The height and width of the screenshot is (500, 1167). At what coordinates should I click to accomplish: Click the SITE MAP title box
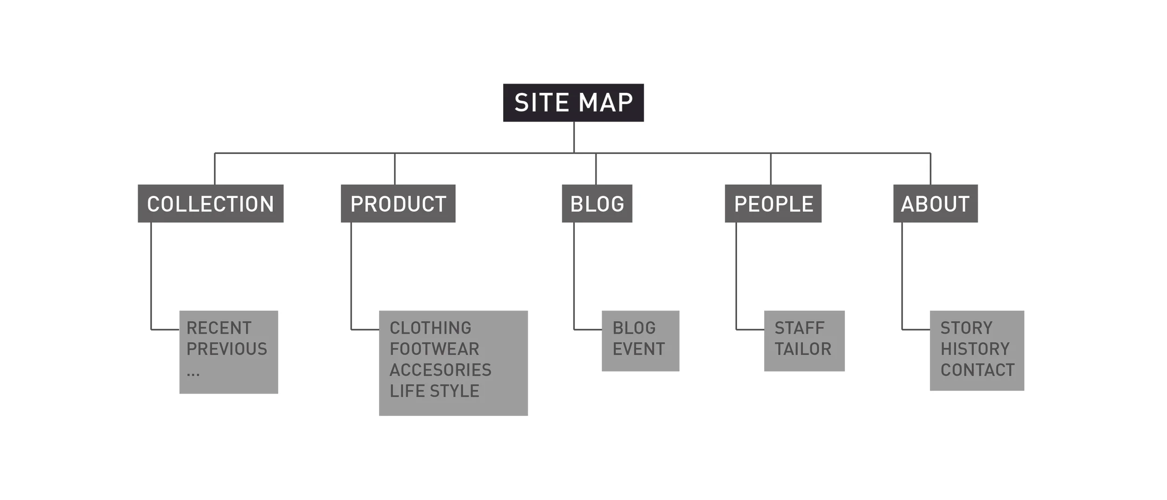(x=573, y=103)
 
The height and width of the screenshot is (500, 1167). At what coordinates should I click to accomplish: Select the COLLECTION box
(x=211, y=204)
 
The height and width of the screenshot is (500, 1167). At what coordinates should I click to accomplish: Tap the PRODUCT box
(x=398, y=204)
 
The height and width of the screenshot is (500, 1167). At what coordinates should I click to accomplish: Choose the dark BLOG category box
(x=597, y=204)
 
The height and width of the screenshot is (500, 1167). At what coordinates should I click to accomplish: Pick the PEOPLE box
(x=773, y=204)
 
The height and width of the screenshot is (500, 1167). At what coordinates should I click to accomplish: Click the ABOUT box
(x=935, y=204)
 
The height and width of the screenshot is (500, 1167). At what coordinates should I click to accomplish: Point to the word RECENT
(x=219, y=328)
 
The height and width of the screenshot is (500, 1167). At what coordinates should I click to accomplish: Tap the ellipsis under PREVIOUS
(x=193, y=373)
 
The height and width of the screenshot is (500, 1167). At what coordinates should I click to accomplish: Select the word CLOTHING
(x=430, y=328)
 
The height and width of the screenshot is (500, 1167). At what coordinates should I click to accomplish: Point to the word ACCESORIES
(x=441, y=370)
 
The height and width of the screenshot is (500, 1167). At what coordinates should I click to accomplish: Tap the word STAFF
(x=800, y=328)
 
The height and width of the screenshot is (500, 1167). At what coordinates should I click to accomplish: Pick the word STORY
(x=966, y=328)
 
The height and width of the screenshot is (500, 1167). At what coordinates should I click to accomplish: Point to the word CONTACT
(x=977, y=370)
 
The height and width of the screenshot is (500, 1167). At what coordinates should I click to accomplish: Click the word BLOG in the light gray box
(x=634, y=328)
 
